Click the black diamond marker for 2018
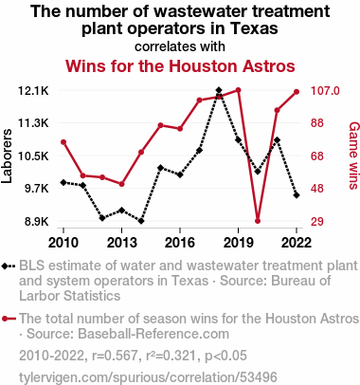pyautogui.click(x=219, y=90)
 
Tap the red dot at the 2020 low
pyautogui.click(x=258, y=221)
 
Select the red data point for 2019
pyautogui.click(x=239, y=90)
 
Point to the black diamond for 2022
pyautogui.click(x=297, y=195)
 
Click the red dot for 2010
pyautogui.click(x=63, y=142)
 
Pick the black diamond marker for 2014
pyautogui.click(x=141, y=221)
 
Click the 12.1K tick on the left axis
pyautogui.click(x=33, y=91)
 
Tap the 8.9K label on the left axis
pyautogui.click(x=37, y=222)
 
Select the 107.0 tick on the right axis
pyautogui.click(x=325, y=91)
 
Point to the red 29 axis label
pyautogui.click(x=317, y=222)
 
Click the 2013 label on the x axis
pyautogui.click(x=122, y=243)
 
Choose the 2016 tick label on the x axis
pyautogui.click(x=180, y=243)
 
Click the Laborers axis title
pyautogui.click(x=7, y=156)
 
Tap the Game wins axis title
pyautogui.click(x=354, y=156)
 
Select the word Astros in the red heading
pyautogui.click(x=269, y=66)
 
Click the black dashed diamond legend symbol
pyautogui.click(x=9, y=266)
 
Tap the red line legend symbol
pyautogui.click(x=9, y=319)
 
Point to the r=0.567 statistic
pyautogui.click(x=115, y=356)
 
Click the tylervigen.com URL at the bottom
pyautogui.click(x=148, y=377)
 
